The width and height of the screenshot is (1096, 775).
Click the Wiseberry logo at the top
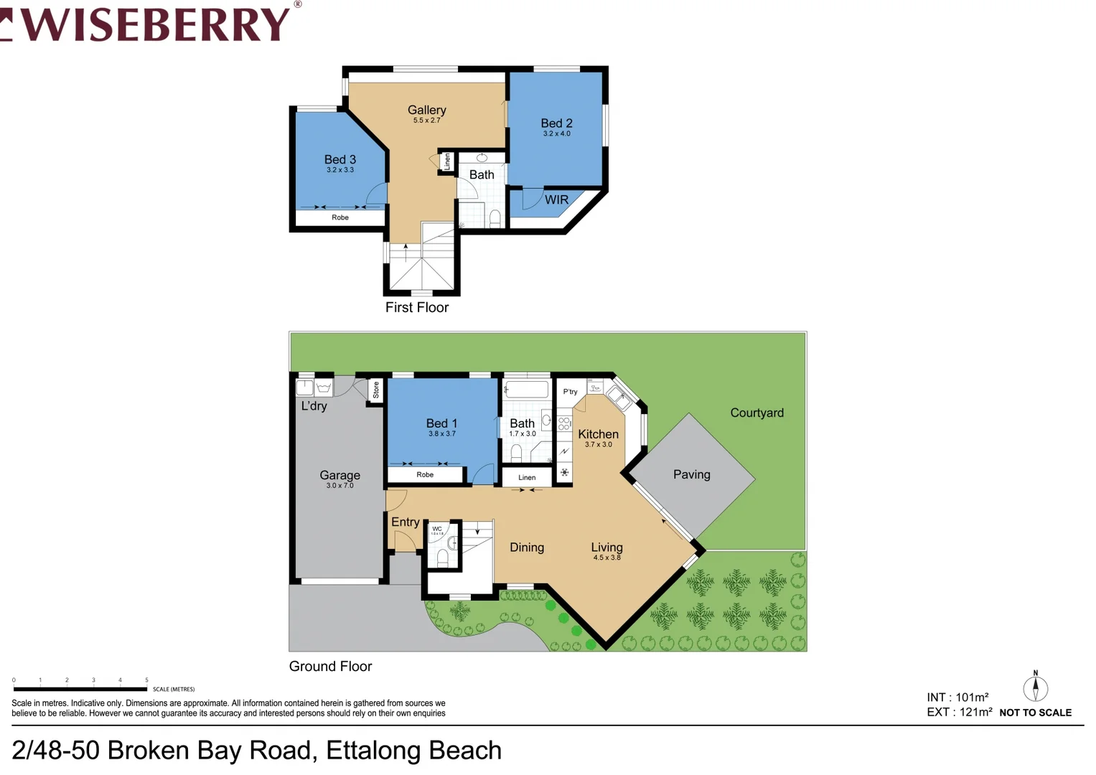[151, 23]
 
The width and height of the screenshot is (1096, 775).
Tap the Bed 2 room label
[556, 123]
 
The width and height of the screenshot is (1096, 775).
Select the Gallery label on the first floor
[426, 110]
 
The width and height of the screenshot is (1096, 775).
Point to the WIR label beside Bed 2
[556, 200]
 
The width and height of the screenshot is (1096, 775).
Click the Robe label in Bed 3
[340, 217]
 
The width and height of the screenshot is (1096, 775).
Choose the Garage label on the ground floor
[339, 475]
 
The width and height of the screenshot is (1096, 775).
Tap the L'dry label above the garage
[314, 406]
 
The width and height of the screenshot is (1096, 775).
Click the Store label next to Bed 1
[375, 390]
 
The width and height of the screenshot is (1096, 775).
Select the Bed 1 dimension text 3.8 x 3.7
[441, 433]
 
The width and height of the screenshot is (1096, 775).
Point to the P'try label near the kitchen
[570, 392]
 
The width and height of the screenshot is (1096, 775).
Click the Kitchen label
[598, 434]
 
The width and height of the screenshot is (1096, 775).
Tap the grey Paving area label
[691, 474]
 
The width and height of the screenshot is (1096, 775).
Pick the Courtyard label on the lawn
[757, 413]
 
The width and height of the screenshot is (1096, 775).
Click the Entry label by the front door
[405, 522]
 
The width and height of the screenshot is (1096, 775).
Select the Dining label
[526, 548]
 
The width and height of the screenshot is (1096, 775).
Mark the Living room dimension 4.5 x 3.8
[606, 558]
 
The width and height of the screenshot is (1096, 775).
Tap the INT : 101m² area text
[957, 697]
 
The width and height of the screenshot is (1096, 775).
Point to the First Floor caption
[416, 307]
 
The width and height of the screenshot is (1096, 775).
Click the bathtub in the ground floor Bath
[526, 390]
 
